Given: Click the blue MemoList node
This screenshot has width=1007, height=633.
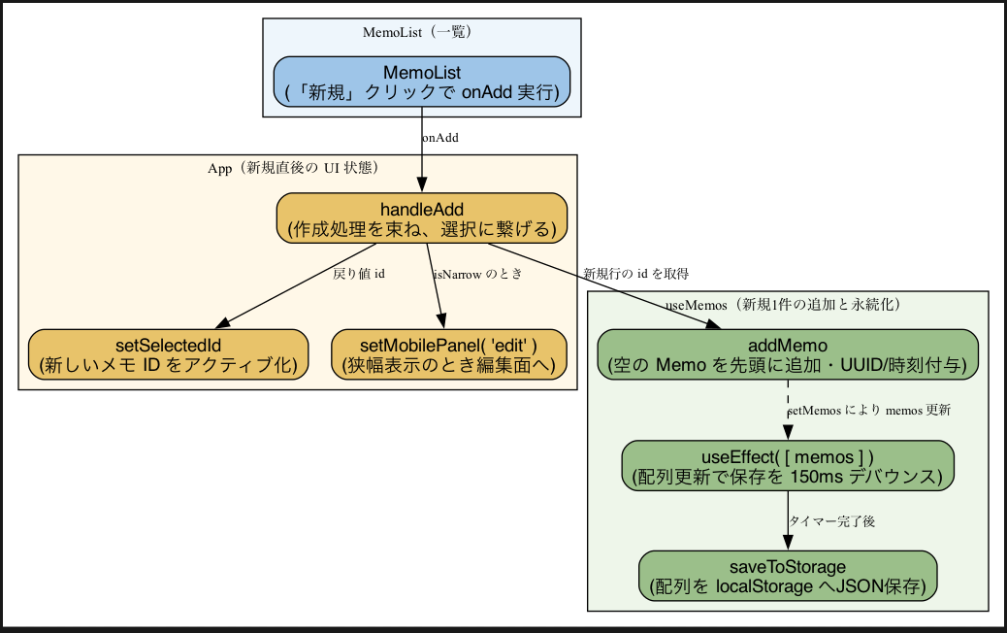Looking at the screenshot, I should pos(421,82).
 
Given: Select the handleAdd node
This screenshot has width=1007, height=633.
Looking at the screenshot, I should pos(421,218).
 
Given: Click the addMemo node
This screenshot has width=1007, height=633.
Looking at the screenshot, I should pos(787,354).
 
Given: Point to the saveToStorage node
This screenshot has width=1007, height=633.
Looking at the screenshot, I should pos(787,577).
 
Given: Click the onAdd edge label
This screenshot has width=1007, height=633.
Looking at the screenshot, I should pos(439,138).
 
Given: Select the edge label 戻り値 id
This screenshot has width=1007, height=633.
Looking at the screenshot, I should pos(359,274).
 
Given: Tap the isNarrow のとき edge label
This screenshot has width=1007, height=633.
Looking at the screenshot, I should pos(477,274).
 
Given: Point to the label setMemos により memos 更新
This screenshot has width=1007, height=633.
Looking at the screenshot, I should pos(868,411).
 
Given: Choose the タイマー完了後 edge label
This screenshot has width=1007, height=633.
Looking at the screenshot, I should pos(832,521).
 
